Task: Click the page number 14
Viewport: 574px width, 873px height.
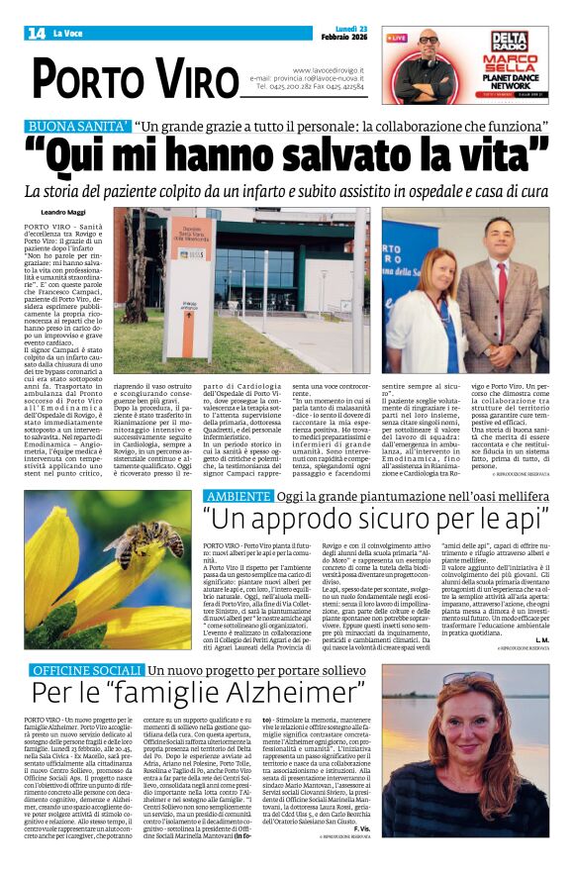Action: [37, 34]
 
